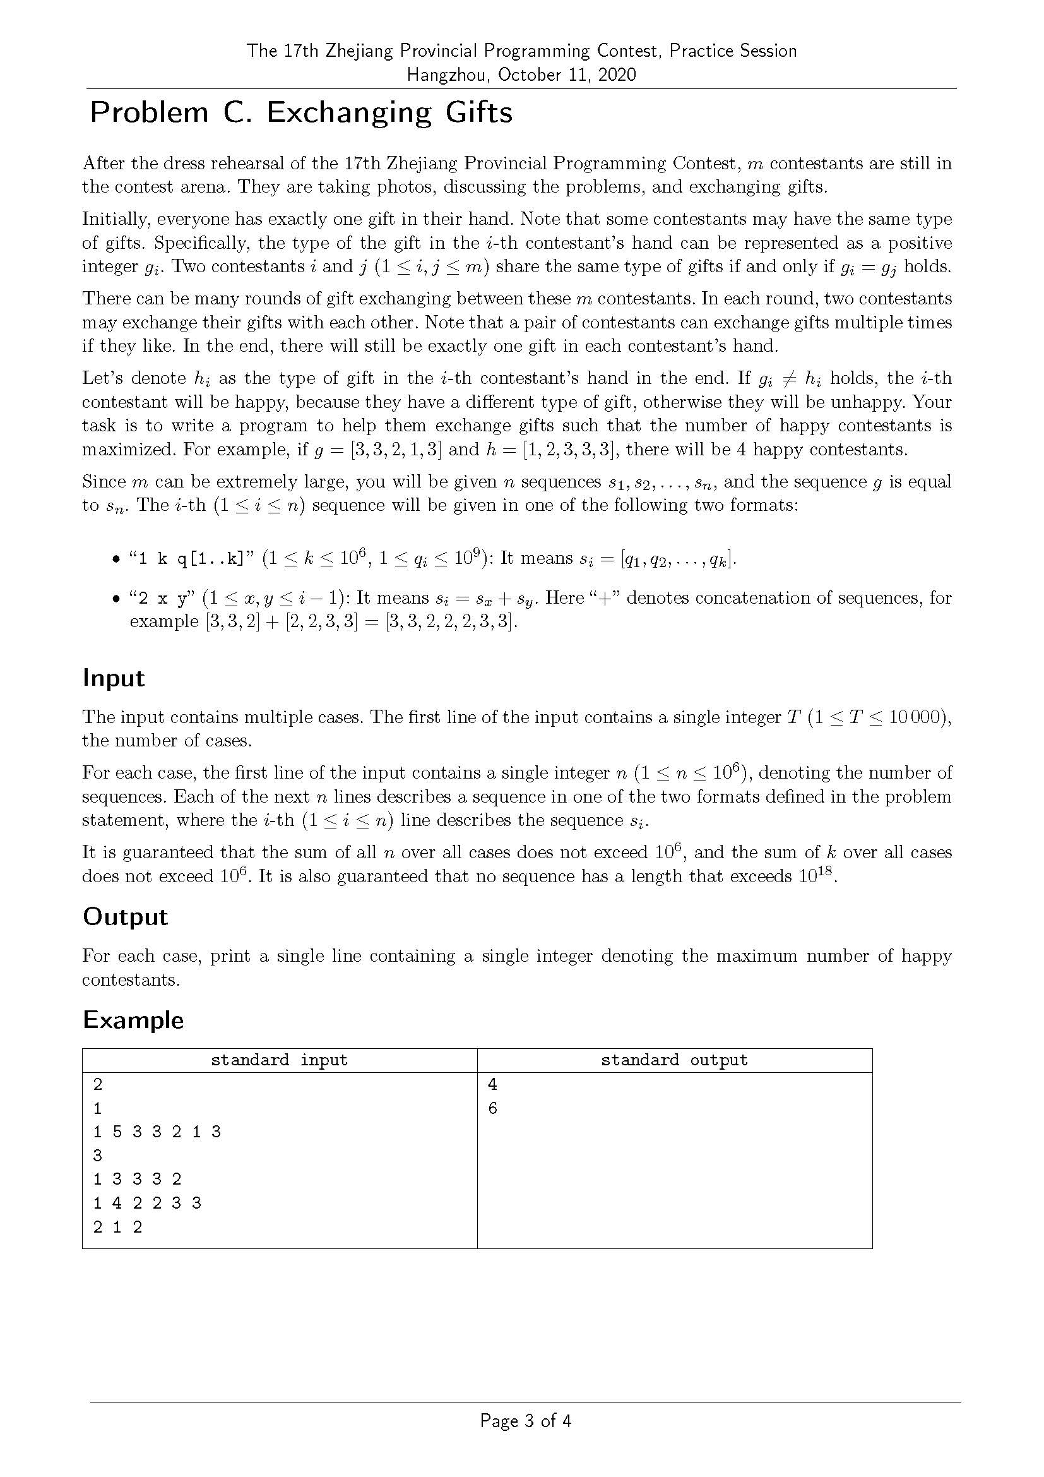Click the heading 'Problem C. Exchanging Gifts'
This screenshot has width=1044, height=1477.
(x=301, y=112)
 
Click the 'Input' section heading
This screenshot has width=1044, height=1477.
(x=114, y=678)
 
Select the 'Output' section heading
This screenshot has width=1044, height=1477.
(x=125, y=917)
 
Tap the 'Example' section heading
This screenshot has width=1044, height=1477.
(x=133, y=1020)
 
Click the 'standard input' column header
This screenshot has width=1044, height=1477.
(x=279, y=1060)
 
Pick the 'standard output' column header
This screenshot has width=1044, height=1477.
(x=674, y=1060)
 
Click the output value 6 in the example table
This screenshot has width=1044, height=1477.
(x=492, y=1108)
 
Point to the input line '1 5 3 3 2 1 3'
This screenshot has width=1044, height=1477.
(x=157, y=1132)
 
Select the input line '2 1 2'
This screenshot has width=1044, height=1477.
(x=117, y=1227)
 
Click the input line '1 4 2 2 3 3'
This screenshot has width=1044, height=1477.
(x=147, y=1203)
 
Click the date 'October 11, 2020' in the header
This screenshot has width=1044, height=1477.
(x=566, y=75)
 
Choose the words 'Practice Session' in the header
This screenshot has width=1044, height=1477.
(x=733, y=51)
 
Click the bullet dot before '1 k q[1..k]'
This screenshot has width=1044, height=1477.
(x=116, y=559)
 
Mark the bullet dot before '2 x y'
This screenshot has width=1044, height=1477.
(x=116, y=599)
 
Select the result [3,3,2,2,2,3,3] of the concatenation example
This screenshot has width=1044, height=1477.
(x=451, y=622)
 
